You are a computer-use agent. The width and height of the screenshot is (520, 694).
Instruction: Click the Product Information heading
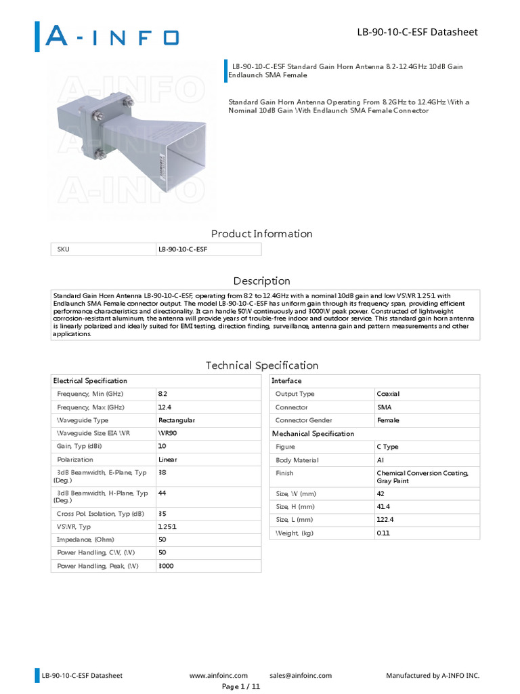coord(261,234)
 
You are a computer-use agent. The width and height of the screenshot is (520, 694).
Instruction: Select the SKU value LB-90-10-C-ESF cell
coord(183,249)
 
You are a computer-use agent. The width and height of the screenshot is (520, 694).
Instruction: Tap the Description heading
coord(261,281)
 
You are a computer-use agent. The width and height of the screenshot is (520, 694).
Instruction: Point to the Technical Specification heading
coord(261,365)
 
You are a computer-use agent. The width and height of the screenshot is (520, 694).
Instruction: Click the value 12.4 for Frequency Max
coord(164,407)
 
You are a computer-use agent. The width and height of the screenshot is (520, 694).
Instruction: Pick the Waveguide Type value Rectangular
coord(176,420)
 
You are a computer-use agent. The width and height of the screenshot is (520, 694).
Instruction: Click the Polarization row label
coord(75,460)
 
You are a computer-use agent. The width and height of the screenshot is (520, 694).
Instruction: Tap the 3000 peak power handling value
coord(166,565)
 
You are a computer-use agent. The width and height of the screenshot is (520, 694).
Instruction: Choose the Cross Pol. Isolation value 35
coord(162,513)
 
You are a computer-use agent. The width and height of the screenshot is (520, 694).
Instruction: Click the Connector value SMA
coord(384,407)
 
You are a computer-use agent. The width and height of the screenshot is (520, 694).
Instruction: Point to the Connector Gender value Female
coord(388,420)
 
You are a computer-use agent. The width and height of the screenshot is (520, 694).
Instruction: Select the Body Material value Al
coord(380,460)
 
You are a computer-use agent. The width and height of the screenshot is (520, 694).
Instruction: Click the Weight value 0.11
coord(383,533)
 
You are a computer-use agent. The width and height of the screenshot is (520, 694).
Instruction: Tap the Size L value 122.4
coord(385,519)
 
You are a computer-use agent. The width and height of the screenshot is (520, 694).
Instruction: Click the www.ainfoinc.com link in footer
coord(218,675)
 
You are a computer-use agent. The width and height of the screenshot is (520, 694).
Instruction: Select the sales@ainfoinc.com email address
coord(300,675)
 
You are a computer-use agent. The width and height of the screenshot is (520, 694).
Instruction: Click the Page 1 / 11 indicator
coord(241,686)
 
